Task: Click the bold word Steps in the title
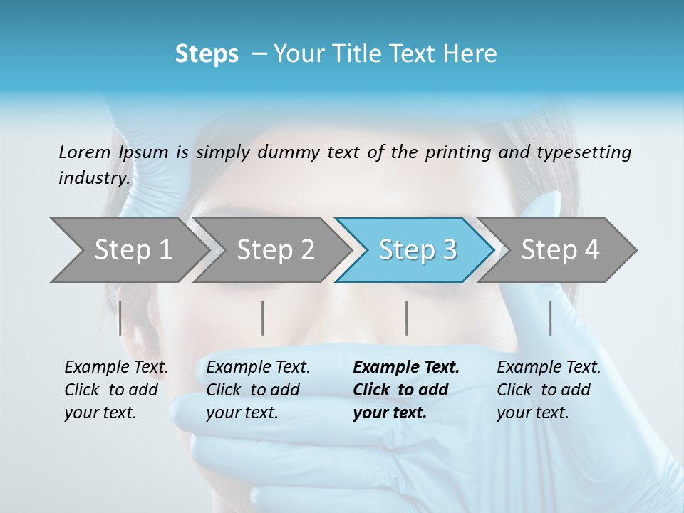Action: coord(207,54)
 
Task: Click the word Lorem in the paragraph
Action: coord(84,152)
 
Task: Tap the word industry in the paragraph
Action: coord(93,177)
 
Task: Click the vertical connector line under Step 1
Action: coord(120,318)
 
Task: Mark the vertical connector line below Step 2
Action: coord(263,318)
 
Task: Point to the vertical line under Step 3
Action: coord(406,318)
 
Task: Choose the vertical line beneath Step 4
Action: coord(550,318)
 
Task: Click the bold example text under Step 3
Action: coord(406,390)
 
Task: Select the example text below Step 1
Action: coord(116,390)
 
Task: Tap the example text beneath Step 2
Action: coord(258,390)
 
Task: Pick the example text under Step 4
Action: coord(549,390)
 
